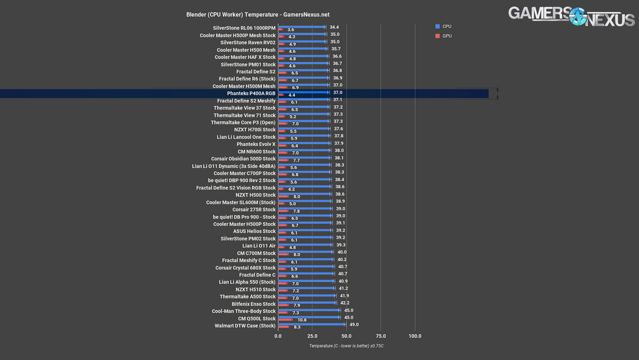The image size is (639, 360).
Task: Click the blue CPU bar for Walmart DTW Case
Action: click(x=311, y=324)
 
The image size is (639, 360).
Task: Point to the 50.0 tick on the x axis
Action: click(x=347, y=336)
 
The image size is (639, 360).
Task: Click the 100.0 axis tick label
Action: click(x=415, y=336)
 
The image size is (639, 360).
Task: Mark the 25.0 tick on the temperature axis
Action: click(x=312, y=336)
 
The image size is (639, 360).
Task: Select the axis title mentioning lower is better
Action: click(x=346, y=346)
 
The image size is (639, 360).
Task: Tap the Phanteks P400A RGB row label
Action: click(x=251, y=94)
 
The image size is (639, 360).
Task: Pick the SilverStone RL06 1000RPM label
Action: click(x=244, y=28)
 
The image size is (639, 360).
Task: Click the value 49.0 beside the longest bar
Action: click(x=354, y=324)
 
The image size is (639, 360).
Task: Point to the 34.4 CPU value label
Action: click(x=334, y=27)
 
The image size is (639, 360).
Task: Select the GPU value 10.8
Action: click(x=302, y=320)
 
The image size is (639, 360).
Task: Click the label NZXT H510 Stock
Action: click(x=256, y=290)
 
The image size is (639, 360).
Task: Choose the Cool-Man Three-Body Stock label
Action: click(x=244, y=311)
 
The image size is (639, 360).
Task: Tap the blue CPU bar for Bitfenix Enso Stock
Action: click(x=306, y=303)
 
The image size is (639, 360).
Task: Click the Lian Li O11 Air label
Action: click(x=259, y=246)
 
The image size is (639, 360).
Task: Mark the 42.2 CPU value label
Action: click(x=345, y=303)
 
